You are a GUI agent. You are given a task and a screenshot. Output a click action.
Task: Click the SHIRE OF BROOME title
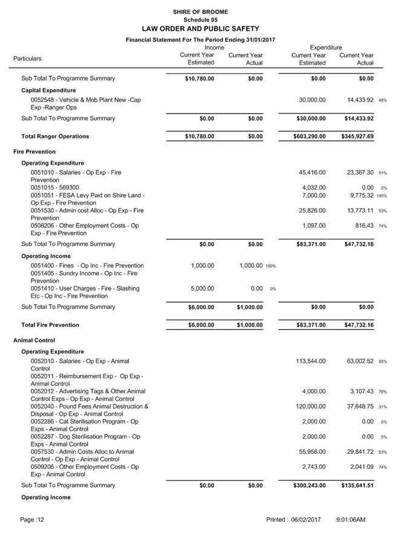[x=200, y=12]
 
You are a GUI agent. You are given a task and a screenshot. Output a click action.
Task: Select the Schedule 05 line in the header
[x=200, y=20]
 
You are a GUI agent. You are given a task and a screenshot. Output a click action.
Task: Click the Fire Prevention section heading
[x=34, y=152]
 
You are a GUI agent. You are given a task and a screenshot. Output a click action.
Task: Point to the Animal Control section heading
[x=34, y=340]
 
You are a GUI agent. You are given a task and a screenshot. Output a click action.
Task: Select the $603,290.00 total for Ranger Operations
[x=308, y=137]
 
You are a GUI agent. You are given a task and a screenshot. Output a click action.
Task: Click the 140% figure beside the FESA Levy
[x=381, y=196]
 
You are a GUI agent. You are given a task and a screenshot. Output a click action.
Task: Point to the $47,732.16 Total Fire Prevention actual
[x=357, y=325]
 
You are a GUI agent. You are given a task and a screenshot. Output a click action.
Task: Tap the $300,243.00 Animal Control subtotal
[x=308, y=485]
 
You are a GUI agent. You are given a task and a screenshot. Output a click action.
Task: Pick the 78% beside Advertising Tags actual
[x=382, y=392]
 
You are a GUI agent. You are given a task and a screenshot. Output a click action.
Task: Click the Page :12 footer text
[x=32, y=520]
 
